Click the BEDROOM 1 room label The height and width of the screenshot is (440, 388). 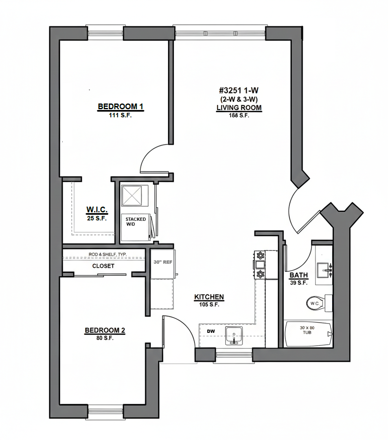(x=121, y=107)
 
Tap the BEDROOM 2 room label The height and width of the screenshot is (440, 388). (x=105, y=330)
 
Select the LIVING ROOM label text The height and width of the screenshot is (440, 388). (x=239, y=108)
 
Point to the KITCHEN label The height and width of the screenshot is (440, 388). (x=209, y=297)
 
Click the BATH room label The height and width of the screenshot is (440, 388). (x=299, y=275)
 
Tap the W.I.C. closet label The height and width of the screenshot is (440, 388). (x=97, y=210)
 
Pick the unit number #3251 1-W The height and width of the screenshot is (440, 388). (x=239, y=90)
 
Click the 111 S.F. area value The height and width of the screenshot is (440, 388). (x=120, y=115)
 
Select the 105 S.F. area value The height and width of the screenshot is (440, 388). (x=209, y=304)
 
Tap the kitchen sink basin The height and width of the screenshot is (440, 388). (x=234, y=335)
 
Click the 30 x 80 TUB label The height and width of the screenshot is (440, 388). (x=307, y=330)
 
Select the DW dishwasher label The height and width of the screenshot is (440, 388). (x=211, y=331)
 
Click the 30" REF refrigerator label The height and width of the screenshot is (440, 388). (x=163, y=262)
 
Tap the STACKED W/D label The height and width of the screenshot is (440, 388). (x=136, y=221)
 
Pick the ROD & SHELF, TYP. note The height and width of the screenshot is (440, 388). (x=107, y=254)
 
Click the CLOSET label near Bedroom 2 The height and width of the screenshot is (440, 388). (x=103, y=266)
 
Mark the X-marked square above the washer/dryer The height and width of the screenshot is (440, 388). (x=132, y=196)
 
